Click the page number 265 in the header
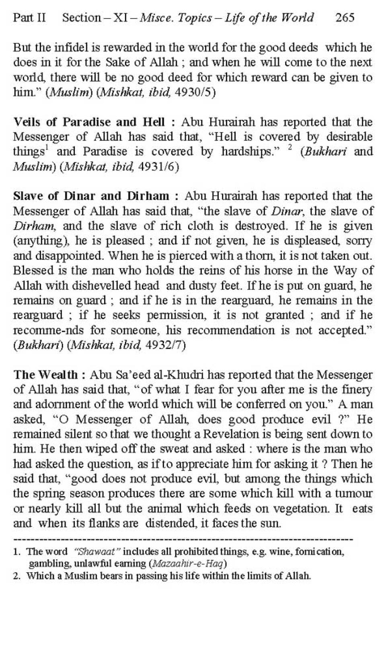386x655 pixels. click(345, 18)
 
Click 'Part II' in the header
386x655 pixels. click(29, 18)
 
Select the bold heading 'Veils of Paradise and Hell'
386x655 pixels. click(89, 122)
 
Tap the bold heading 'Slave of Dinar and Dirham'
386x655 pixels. click(91, 196)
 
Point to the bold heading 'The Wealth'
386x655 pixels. click(45, 375)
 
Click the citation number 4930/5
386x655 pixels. click(197, 92)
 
